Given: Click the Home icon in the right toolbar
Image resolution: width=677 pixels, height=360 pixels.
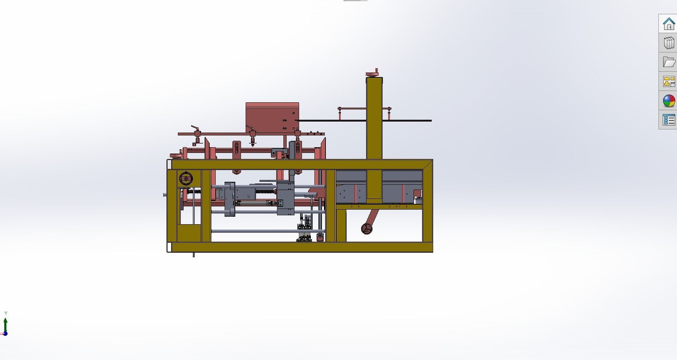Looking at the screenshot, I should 668,24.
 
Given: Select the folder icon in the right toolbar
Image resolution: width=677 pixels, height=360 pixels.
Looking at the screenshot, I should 668,62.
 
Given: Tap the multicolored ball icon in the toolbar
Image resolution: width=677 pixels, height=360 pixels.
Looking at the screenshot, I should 668,101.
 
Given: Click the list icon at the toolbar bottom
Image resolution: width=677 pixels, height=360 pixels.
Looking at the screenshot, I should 668,120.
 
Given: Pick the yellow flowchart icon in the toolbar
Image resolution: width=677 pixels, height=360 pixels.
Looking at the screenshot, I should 668,81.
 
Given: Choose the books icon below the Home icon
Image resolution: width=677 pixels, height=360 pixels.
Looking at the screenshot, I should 668,43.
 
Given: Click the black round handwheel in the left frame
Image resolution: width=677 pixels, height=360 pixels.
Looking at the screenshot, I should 186,179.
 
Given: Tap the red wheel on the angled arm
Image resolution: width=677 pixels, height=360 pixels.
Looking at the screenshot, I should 366,228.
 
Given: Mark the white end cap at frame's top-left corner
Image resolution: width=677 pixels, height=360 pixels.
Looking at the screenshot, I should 169,164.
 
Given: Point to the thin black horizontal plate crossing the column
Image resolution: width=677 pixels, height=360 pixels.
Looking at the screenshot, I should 406,121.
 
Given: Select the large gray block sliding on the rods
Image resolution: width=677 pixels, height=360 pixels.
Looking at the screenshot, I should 285,198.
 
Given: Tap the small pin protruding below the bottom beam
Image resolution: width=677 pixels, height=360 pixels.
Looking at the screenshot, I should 194,255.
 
